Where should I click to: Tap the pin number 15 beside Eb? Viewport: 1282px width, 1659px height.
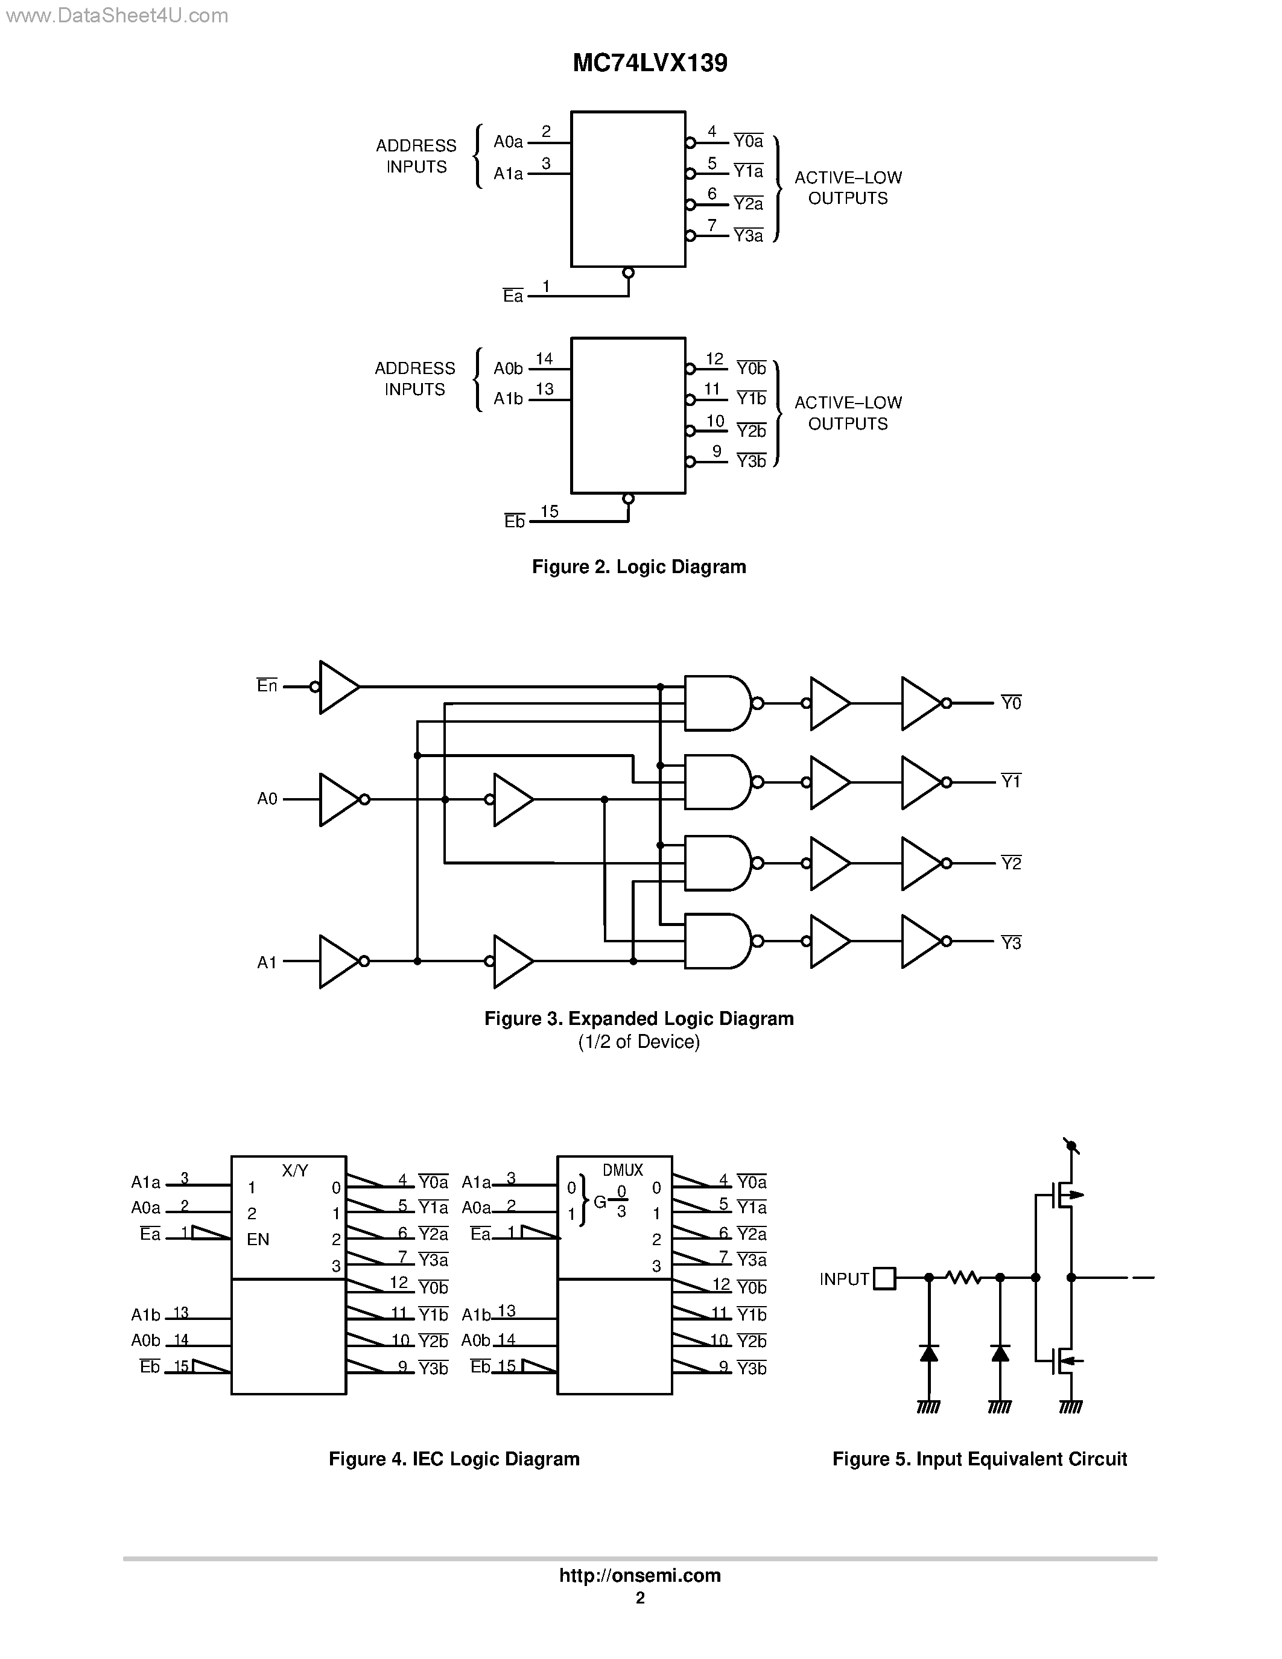(x=549, y=511)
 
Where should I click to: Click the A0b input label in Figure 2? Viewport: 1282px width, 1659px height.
(x=508, y=369)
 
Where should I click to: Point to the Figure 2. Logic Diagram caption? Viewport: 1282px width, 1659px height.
(x=639, y=566)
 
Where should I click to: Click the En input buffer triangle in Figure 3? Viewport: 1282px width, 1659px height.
(x=338, y=687)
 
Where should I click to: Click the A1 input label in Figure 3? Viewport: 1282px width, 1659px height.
(x=267, y=962)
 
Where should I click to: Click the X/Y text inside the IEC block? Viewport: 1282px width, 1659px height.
(x=294, y=1170)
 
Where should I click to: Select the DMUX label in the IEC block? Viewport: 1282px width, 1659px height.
(x=623, y=1170)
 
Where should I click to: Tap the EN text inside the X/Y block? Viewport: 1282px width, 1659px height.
(x=258, y=1239)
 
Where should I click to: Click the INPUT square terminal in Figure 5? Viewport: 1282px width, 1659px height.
(x=884, y=1278)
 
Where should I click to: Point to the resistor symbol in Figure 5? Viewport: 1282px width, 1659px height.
(x=964, y=1278)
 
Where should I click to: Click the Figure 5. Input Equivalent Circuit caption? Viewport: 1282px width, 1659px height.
(x=979, y=1459)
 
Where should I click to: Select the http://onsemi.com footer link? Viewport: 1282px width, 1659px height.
(x=639, y=1575)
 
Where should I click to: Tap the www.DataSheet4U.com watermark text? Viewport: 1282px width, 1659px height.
(x=115, y=15)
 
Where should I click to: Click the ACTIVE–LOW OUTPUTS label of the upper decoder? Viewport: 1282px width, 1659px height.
(x=848, y=188)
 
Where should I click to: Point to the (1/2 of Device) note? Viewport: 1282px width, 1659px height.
(x=639, y=1041)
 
